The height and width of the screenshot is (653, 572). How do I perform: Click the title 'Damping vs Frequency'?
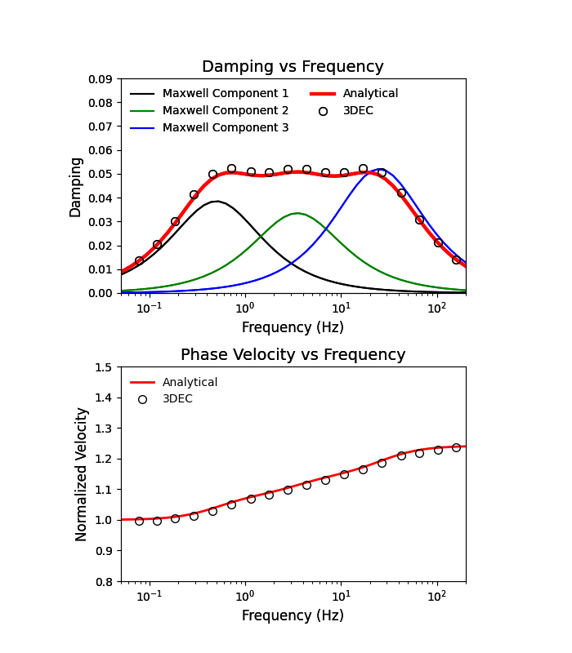[293, 67]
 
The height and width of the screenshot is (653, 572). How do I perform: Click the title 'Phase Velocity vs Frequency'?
[293, 355]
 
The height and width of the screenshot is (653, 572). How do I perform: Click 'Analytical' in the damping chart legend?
[370, 94]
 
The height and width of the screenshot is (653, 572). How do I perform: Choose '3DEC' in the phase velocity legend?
[177, 399]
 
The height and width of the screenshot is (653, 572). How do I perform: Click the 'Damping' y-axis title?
[76, 187]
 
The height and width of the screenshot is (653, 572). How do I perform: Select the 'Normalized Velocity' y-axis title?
[82, 474]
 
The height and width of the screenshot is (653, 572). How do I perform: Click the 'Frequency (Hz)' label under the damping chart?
[293, 327]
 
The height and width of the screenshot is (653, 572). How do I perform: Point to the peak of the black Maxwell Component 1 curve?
[215, 201]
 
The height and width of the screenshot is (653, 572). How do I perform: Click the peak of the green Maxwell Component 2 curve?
[297, 213]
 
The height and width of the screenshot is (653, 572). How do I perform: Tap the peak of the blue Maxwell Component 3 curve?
[380, 169]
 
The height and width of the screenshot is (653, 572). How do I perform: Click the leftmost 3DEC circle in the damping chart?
[139, 260]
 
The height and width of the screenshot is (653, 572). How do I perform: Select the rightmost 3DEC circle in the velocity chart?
[456, 447]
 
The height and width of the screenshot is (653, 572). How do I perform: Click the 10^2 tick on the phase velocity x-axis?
[437, 596]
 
